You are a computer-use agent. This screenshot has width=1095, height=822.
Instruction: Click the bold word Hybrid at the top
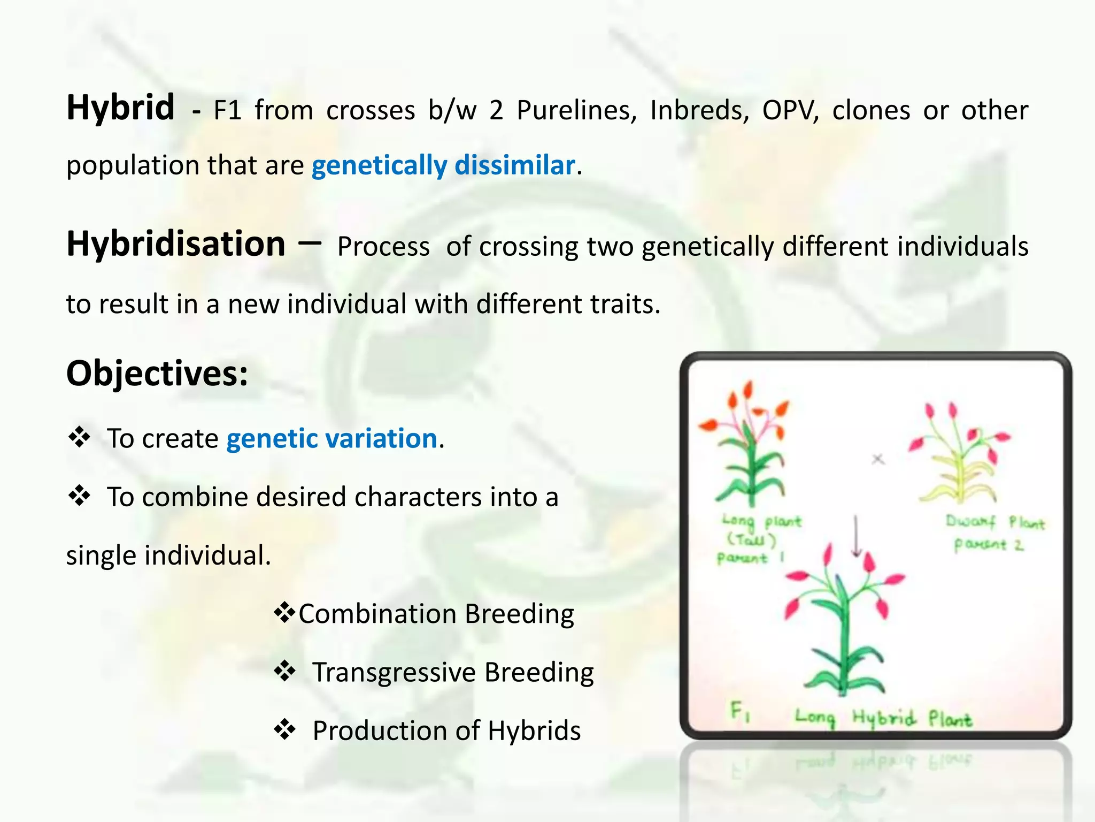click(120, 109)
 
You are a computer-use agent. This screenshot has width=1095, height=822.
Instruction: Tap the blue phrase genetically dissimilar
click(443, 165)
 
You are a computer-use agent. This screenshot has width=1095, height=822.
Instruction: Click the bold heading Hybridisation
click(176, 245)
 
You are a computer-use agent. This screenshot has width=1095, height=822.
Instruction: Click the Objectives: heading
click(157, 374)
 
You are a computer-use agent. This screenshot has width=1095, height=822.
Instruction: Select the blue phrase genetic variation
click(331, 439)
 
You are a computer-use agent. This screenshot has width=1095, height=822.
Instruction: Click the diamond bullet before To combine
click(79, 496)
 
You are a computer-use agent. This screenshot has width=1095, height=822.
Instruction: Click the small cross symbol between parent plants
click(878, 459)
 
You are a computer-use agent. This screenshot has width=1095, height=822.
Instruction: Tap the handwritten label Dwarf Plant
click(994, 522)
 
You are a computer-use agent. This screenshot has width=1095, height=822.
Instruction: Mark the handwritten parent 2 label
click(989, 545)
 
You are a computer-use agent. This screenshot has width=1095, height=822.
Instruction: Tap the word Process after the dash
click(383, 247)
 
